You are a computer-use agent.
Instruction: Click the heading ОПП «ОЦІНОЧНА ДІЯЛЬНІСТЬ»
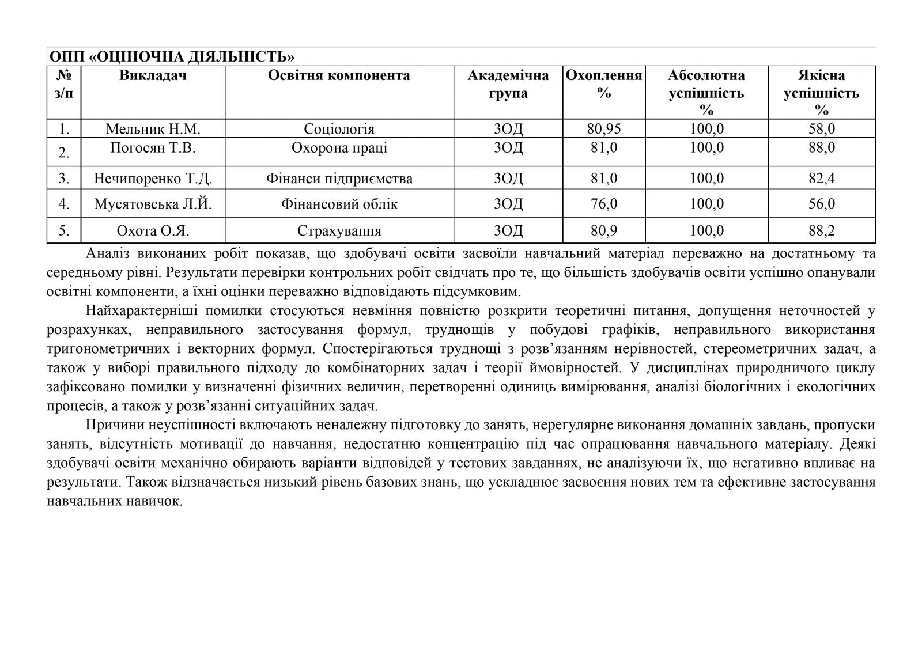point(172,57)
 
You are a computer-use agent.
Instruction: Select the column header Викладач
point(153,75)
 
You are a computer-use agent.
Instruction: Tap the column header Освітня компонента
point(339,75)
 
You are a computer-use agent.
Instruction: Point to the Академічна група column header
point(508,84)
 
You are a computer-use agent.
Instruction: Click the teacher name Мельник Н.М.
point(153,128)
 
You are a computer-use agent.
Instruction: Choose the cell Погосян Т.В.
point(153,148)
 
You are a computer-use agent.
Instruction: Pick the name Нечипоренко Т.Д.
point(153,179)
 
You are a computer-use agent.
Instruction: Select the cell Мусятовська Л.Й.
point(153,204)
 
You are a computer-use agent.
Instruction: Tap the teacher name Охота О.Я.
point(153,231)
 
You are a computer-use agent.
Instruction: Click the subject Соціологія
point(339,128)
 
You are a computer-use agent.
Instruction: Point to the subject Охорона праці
point(339,148)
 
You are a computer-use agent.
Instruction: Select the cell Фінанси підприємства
point(339,179)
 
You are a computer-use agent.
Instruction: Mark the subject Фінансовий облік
point(339,204)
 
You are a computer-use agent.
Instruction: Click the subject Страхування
point(339,231)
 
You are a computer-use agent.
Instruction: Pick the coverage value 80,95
point(603,128)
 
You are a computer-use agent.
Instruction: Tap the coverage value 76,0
point(603,204)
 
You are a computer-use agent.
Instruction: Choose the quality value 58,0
point(821,128)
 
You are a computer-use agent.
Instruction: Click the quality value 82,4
point(821,179)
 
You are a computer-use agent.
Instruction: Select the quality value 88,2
point(821,231)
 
